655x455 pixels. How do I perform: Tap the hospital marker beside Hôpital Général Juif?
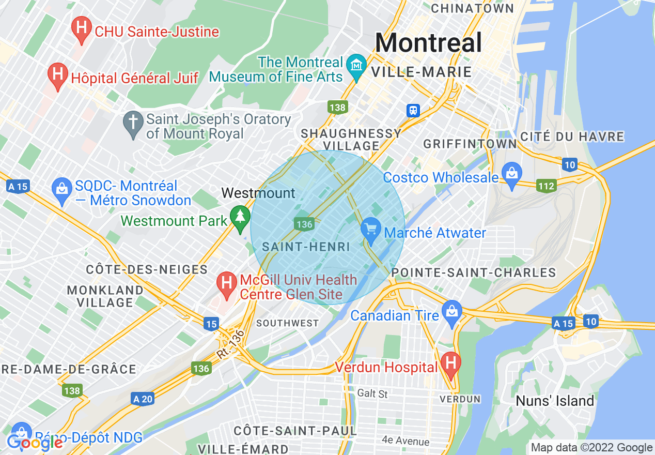57,76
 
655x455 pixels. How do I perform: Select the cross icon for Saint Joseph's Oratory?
133,124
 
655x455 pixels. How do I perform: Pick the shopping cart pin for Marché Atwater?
370,230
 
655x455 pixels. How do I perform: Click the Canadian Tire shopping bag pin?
452,313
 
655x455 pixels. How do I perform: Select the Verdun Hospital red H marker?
450,365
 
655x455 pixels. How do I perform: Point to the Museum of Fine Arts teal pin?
356,67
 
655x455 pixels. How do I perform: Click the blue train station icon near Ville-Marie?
413,110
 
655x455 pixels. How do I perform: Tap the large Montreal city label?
428,42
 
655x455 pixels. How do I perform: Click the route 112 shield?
545,186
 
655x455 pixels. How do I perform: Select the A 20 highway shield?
143,399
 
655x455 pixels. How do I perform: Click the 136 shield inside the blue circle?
304,223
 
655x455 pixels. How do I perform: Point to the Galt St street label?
372,394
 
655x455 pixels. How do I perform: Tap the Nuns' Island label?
555,401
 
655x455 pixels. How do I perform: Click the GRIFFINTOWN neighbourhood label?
470,143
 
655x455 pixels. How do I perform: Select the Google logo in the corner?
35,443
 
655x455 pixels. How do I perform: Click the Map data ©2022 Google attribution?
591,448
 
